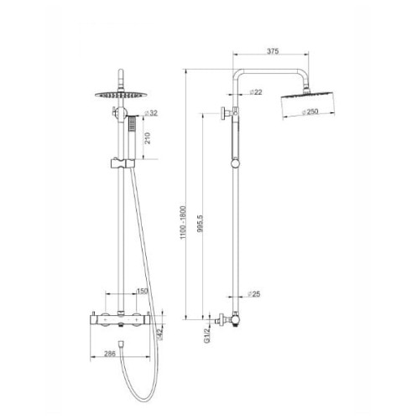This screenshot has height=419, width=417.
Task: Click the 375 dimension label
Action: click(272, 52)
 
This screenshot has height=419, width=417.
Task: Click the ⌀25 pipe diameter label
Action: click(256, 294)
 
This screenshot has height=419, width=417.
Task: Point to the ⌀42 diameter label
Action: click(159, 334)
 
